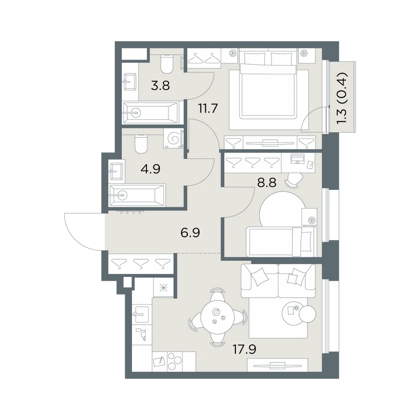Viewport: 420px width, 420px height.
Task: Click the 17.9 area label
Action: point(244,349)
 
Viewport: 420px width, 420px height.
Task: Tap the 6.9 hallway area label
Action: point(190,233)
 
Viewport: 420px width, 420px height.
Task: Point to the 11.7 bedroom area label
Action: point(208,109)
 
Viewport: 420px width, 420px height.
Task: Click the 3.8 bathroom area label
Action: point(160,86)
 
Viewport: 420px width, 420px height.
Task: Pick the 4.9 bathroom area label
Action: point(150,169)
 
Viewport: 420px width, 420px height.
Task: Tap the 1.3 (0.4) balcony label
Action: point(342,98)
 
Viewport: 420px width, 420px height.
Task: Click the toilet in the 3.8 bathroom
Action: point(167,64)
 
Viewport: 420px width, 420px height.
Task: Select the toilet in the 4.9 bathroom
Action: point(141,144)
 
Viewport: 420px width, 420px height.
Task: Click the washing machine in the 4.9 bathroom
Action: point(173,138)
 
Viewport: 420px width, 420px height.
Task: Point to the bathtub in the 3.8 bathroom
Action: point(150,113)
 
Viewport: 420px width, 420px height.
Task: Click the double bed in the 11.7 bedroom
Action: point(268,85)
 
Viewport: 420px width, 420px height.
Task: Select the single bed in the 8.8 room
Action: point(281,241)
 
